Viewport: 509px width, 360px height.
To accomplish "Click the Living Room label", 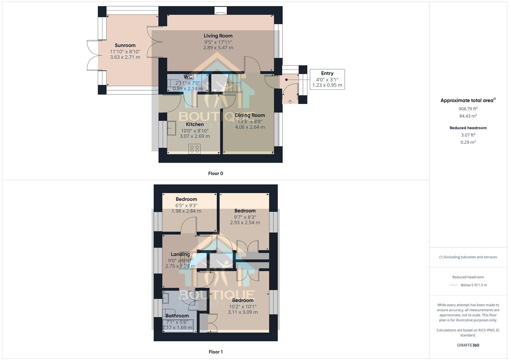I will tap(218, 36).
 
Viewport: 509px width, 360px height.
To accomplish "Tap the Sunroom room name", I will tap(125, 45).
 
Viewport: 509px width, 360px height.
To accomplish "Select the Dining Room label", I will tap(250, 115).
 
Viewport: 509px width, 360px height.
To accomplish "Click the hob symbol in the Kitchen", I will tap(194, 149).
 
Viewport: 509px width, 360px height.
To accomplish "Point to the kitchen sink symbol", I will tap(172, 128).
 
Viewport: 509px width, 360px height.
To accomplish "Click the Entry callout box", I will tap(327, 79).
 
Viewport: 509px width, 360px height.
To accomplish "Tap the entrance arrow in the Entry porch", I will tap(290, 102).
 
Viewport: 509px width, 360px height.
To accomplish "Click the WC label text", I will tap(188, 77).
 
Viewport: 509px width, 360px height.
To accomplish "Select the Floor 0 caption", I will tap(215, 173).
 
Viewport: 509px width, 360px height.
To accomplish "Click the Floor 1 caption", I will tap(215, 352).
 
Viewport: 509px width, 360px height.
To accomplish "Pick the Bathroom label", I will tap(177, 316).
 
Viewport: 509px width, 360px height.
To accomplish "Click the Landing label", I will tap(180, 254).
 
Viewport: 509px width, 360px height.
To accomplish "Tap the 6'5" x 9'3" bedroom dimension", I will tap(186, 205).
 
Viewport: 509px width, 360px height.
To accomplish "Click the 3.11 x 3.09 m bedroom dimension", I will tap(243, 312).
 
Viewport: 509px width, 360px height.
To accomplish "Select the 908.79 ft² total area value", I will tap(468, 109).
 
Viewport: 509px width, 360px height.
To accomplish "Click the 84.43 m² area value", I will tap(468, 116).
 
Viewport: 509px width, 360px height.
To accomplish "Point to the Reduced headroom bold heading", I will tap(468, 128).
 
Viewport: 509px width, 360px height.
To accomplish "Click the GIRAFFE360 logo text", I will tap(468, 345).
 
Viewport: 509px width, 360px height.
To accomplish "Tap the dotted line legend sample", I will tap(454, 285).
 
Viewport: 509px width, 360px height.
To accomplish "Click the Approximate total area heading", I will tap(467, 100).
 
